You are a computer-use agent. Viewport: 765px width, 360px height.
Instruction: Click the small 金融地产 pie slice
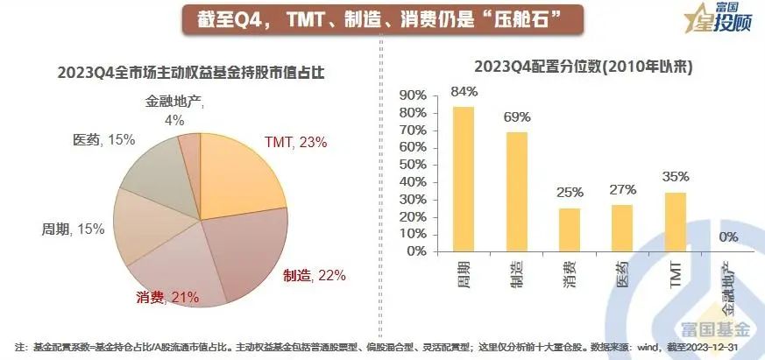[x=190, y=145]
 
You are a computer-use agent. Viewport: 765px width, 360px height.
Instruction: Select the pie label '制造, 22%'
[x=314, y=275]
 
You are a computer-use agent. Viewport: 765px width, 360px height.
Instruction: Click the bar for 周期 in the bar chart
[x=463, y=179]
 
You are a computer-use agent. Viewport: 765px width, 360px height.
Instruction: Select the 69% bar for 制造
[x=517, y=191]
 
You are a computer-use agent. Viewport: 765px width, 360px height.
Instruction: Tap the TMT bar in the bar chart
[x=675, y=221]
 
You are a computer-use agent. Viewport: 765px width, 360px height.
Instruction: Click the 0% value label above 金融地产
[x=727, y=236]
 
